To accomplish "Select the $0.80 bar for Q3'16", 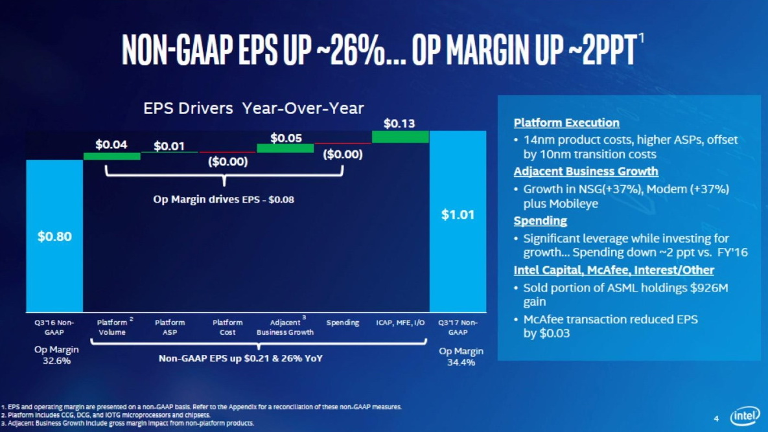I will (54, 236).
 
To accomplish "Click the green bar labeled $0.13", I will (400, 137).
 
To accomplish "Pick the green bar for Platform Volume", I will (111, 156).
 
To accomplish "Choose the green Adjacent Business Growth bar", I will (285, 148).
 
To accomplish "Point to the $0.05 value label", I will (286, 137).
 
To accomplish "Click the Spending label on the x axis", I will (343, 323).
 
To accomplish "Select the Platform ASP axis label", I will (170, 327).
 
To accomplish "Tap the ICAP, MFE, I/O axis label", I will (400, 323).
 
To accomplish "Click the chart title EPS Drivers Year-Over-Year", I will (253, 108).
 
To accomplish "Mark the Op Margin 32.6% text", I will (56, 356).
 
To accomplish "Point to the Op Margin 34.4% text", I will (461, 356).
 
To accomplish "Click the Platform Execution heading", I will (566, 122).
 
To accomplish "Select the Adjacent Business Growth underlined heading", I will (586, 172).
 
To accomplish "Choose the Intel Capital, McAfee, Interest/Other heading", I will (614, 270).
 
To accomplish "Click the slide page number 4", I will (716, 416).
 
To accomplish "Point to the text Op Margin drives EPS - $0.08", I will (224, 199).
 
